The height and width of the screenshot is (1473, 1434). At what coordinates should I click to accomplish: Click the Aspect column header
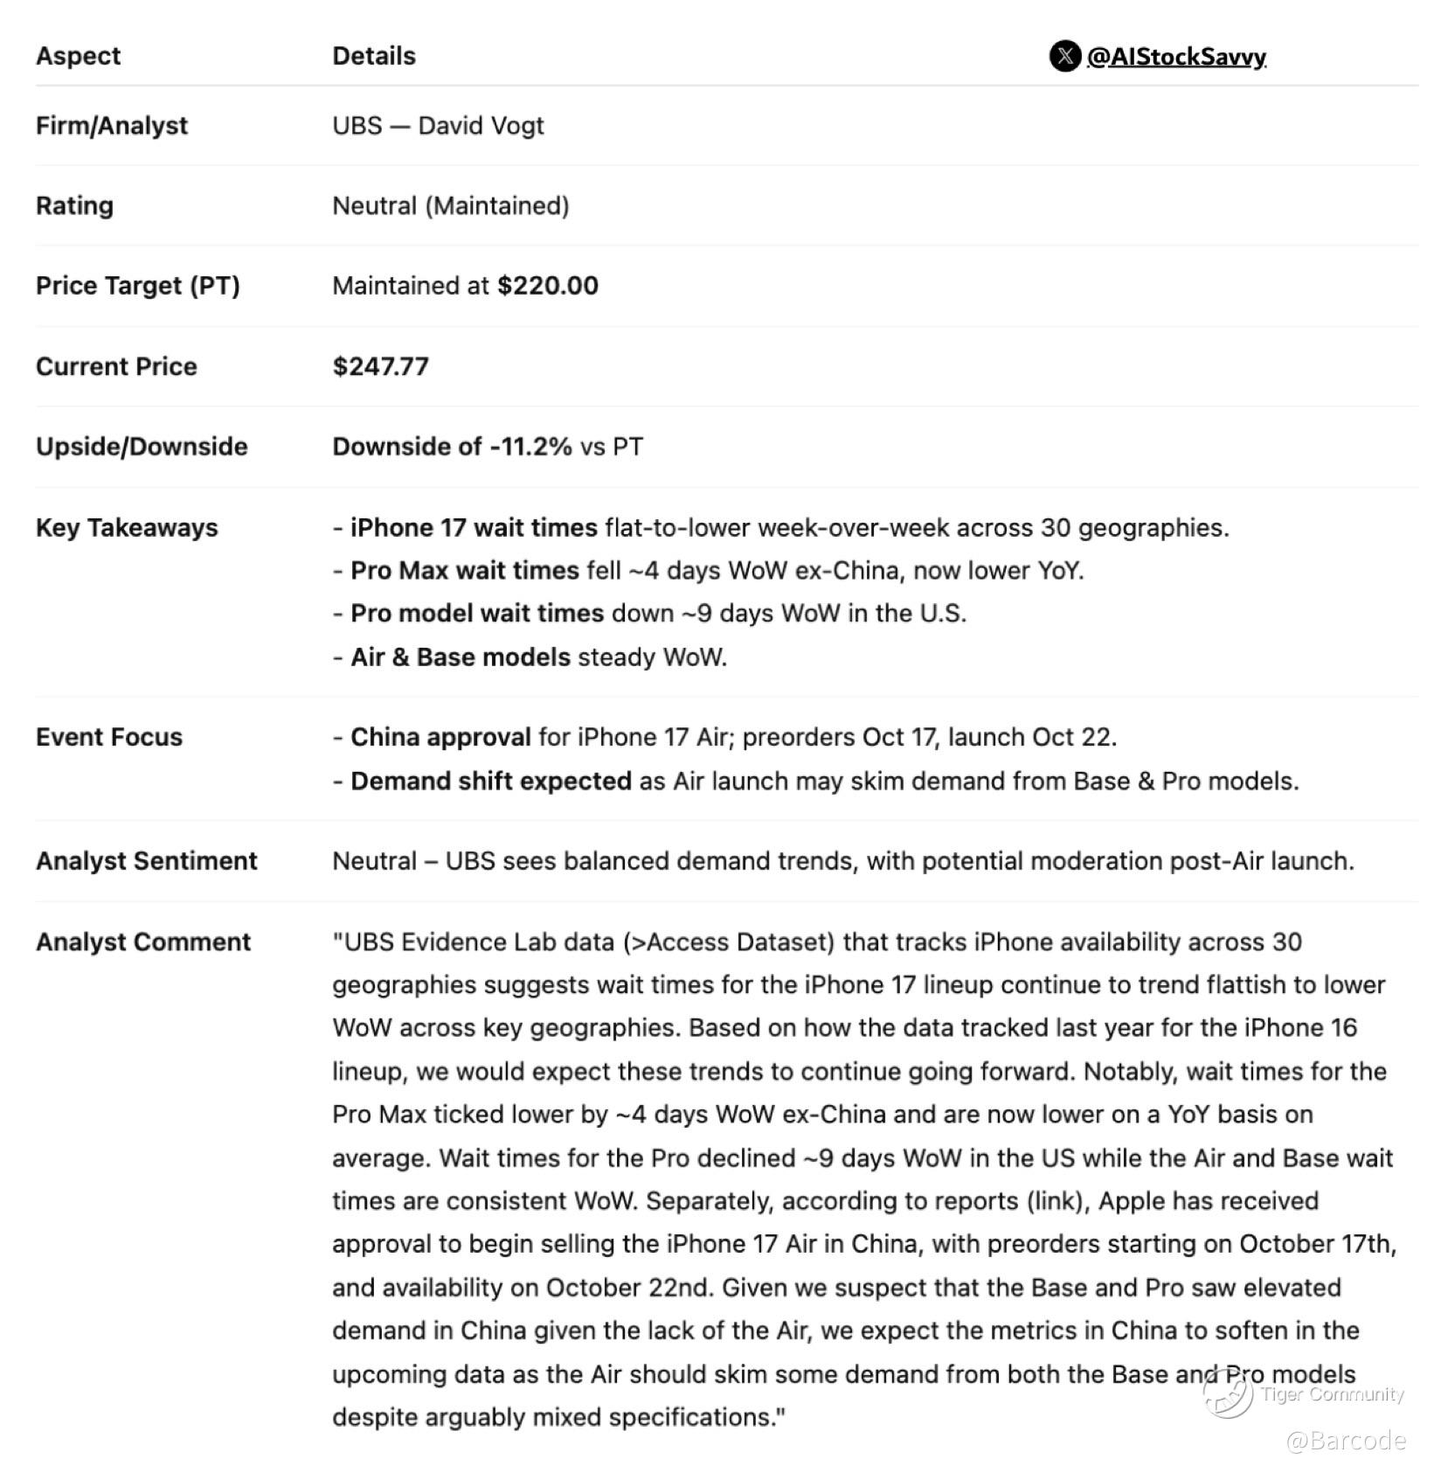tap(78, 56)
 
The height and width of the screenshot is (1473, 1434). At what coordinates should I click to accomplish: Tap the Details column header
tap(374, 56)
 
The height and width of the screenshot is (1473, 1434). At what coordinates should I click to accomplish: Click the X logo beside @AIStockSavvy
tap(1064, 56)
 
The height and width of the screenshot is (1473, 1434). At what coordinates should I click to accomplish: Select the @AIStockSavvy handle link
tap(1176, 57)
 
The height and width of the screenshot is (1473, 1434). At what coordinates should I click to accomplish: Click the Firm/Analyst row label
tap(112, 126)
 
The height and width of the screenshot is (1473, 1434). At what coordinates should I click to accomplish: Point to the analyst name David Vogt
tap(481, 126)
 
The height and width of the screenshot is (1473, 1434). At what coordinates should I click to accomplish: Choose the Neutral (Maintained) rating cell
tap(450, 206)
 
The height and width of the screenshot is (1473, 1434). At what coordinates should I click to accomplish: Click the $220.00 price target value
tap(548, 286)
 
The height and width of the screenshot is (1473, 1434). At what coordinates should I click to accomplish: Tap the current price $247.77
tap(380, 366)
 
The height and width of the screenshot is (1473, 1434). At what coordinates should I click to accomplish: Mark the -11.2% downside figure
tap(530, 447)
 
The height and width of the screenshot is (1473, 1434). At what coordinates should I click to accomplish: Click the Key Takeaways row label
tap(127, 528)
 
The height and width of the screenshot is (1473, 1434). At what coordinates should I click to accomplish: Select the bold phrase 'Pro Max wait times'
tap(464, 571)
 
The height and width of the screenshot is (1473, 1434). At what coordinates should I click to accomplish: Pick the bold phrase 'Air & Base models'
tap(460, 657)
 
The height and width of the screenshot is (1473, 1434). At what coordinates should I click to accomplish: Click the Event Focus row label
tap(109, 738)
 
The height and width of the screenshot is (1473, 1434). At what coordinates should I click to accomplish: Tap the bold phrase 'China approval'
tap(440, 738)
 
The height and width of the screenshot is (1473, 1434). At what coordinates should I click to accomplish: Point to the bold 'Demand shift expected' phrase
tap(490, 782)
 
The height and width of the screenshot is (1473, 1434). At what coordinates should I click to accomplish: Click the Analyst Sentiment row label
tap(147, 861)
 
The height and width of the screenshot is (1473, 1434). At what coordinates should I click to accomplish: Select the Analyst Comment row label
tap(143, 942)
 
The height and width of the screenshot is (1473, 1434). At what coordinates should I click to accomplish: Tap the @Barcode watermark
tap(1346, 1441)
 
